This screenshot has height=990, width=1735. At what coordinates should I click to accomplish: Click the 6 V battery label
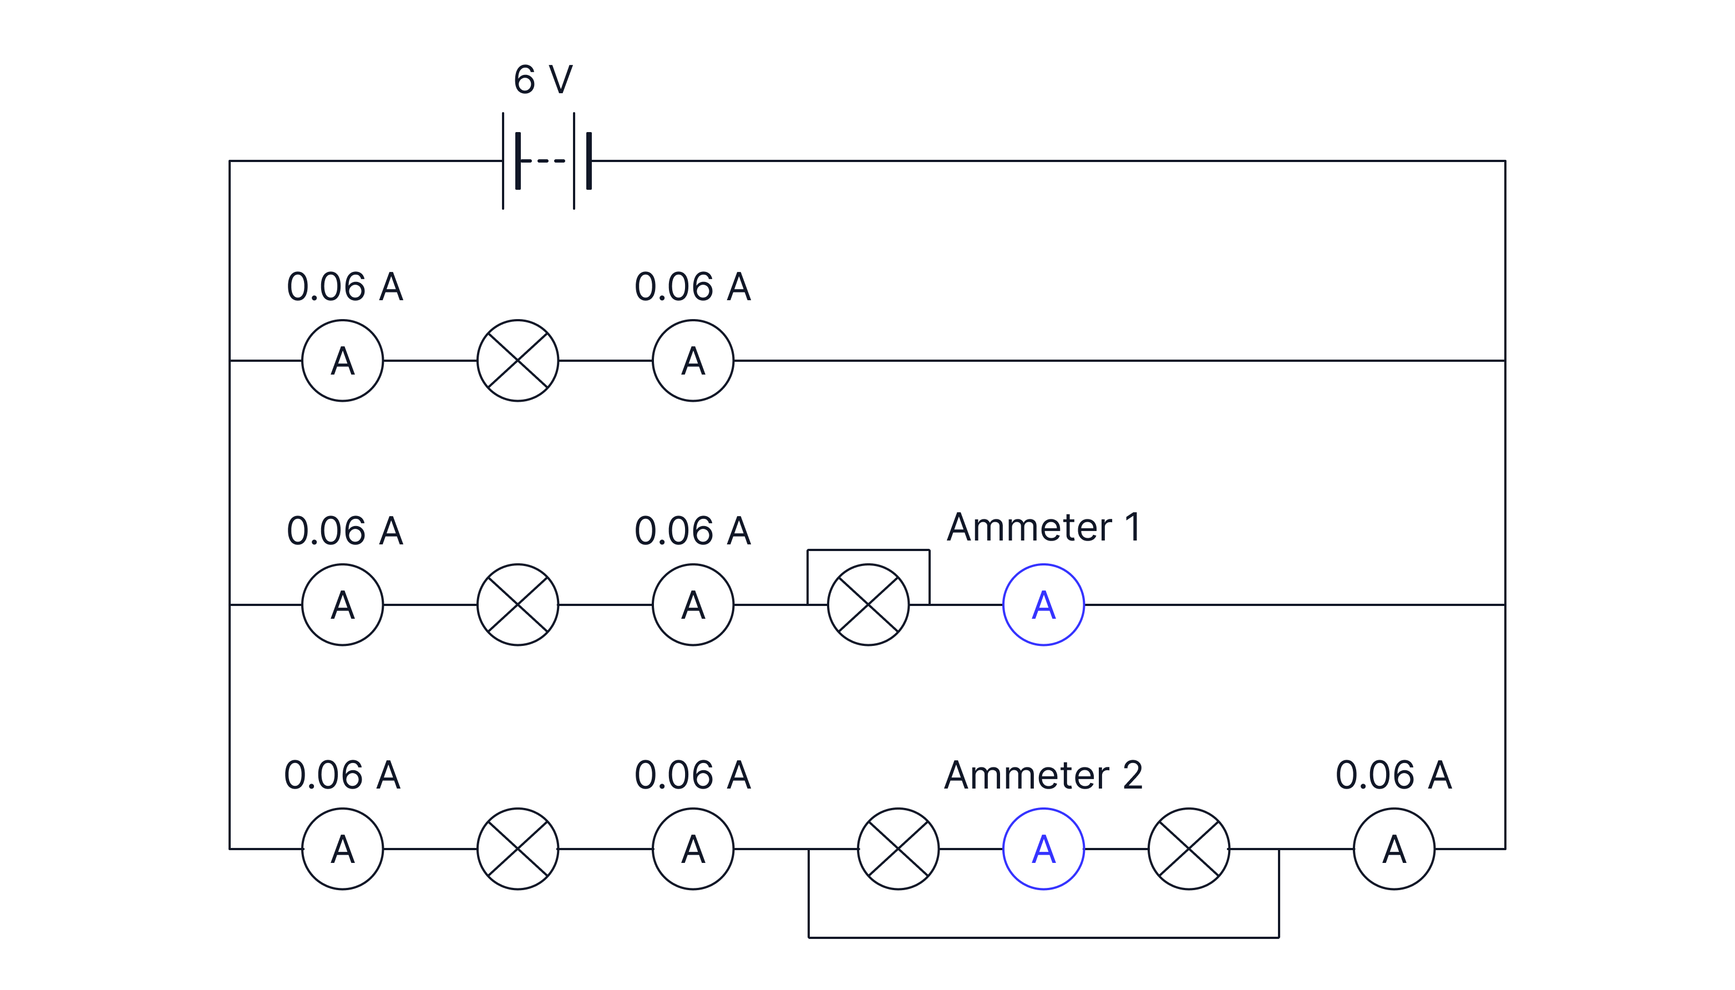(x=542, y=80)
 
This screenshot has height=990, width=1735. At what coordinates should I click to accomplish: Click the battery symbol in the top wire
(x=546, y=161)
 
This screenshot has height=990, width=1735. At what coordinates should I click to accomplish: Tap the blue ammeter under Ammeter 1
(x=1043, y=604)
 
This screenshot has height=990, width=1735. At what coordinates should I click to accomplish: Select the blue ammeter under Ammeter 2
(x=1043, y=848)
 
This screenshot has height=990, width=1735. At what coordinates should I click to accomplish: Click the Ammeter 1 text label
(x=1043, y=527)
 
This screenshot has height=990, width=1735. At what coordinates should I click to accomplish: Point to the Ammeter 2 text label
(x=1043, y=775)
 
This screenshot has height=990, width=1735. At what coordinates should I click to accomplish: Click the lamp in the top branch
(x=518, y=360)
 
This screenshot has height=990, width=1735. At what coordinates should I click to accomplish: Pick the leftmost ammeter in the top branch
(x=343, y=360)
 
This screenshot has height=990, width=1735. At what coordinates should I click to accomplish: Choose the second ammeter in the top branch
(x=693, y=360)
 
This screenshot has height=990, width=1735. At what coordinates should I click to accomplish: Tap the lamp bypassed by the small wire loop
(x=868, y=604)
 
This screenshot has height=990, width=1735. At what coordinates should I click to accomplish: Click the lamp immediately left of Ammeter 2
(x=898, y=848)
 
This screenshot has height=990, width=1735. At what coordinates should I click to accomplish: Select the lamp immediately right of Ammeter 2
(x=1189, y=848)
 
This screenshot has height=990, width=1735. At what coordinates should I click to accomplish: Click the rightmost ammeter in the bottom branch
(x=1394, y=848)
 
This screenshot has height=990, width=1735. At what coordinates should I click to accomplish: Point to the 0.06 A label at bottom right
(x=1393, y=775)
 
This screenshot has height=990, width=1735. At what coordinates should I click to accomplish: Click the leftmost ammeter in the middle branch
(x=343, y=604)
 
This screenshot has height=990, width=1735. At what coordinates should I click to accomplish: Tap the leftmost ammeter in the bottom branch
(x=343, y=848)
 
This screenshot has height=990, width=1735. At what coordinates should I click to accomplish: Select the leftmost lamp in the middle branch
(x=518, y=604)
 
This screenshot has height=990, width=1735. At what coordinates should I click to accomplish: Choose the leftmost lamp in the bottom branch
(x=518, y=848)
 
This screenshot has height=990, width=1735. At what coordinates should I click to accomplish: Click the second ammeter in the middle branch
(x=693, y=604)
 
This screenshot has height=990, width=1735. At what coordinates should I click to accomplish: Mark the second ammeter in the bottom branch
(x=693, y=848)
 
